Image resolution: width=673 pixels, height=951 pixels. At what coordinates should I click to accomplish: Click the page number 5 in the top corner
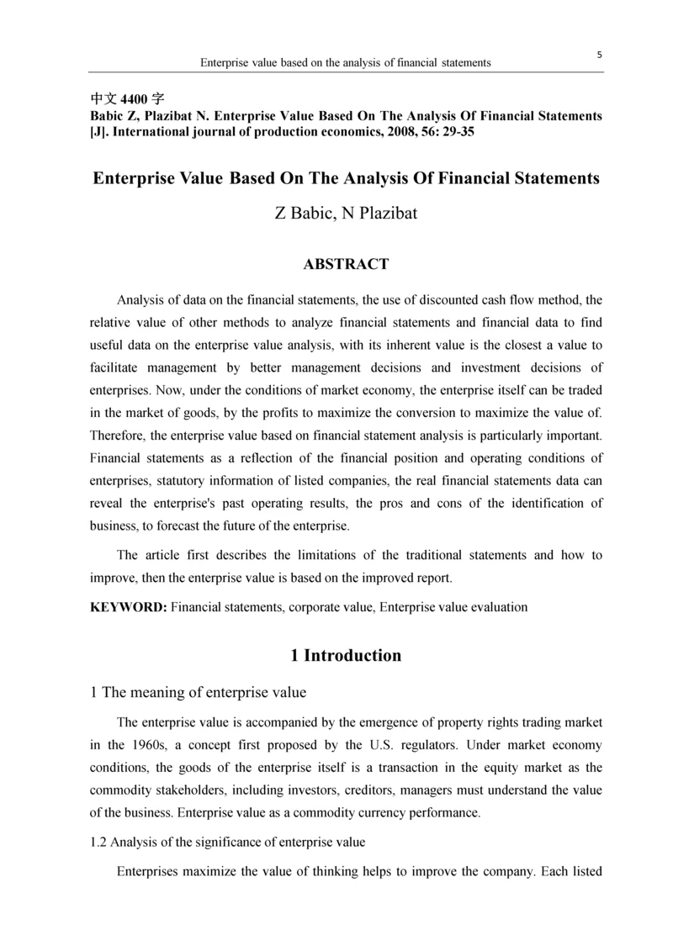pyautogui.click(x=600, y=55)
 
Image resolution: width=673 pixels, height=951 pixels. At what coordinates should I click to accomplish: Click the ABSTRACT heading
pyautogui.click(x=346, y=265)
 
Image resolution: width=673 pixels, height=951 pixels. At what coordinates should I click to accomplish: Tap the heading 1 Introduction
pyautogui.click(x=346, y=656)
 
